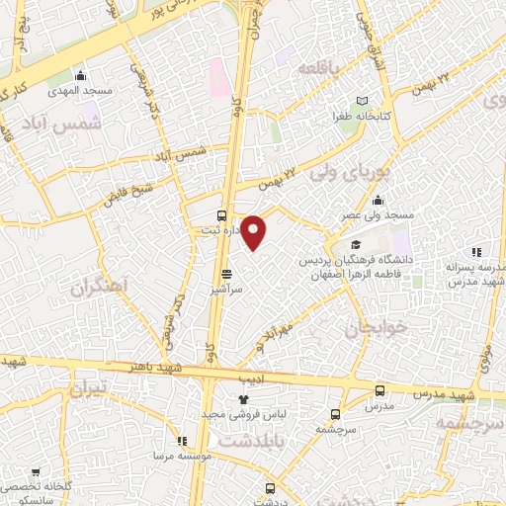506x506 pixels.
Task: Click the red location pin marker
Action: pyautogui.click(x=254, y=231)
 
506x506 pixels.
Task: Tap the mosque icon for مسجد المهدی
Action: pyautogui.click(x=81, y=76)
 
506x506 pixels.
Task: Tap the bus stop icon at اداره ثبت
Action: pyautogui.click(x=221, y=215)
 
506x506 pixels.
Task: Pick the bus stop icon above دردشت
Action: pyautogui.click(x=270, y=487)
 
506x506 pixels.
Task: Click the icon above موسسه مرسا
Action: pyautogui.click(x=181, y=441)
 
